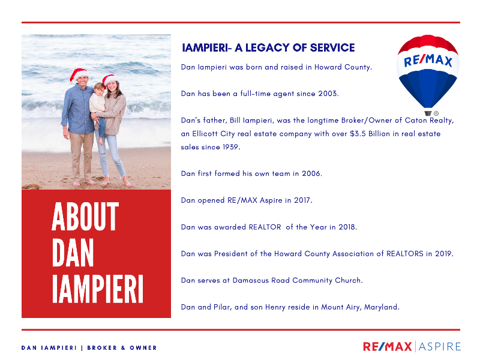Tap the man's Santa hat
(79, 74)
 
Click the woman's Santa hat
(109, 80)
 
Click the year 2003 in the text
(328, 94)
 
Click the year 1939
(230, 147)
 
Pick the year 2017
(302, 200)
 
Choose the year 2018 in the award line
(347, 227)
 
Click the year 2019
(443, 253)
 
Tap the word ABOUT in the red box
(85, 217)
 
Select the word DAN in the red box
(73, 253)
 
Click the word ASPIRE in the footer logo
(440, 347)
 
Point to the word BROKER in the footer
(102, 348)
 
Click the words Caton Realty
(428, 121)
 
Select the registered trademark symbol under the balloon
(436, 113)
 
